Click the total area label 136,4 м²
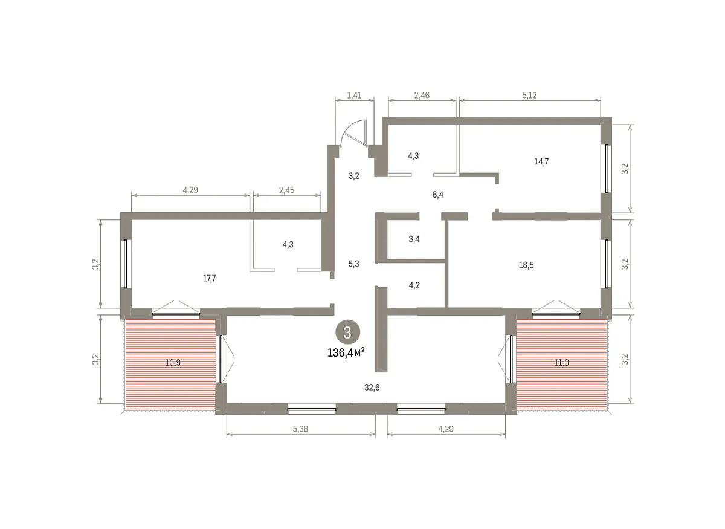pyautogui.click(x=346, y=353)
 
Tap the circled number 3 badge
pyautogui.click(x=347, y=333)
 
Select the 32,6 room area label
pyautogui.click(x=372, y=388)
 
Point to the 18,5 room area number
pyautogui.click(x=526, y=265)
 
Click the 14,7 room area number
pyautogui.click(x=541, y=161)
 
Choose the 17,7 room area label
pyautogui.click(x=210, y=278)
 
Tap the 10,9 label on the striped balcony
pyautogui.click(x=173, y=363)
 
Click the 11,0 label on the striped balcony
pyautogui.click(x=561, y=363)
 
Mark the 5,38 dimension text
pyautogui.click(x=300, y=429)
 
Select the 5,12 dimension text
pyautogui.click(x=529, y=96)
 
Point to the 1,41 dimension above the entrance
pyautogui.click(x=354, y=96)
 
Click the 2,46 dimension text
pyautogui.click(x=422, y=96)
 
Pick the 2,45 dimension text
pyautogui.click(x=287, y=190)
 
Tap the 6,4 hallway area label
pyautogui.click(x=437, y=195)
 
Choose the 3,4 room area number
pyautogui.click(x=414, y=239)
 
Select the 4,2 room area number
pyautogui.click(x=414, y=285)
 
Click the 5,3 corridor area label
pyautogui.click(x=353, y=264)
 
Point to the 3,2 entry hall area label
pyautogui.click(x=354, y=176)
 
